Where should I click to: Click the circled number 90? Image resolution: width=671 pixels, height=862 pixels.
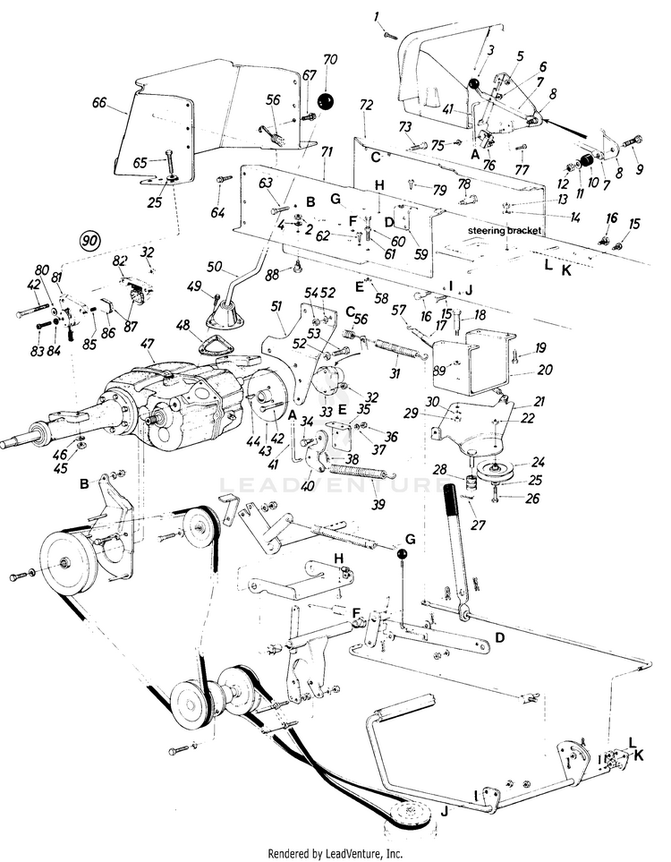(89, 241)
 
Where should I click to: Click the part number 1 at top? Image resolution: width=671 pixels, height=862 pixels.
(377, 15)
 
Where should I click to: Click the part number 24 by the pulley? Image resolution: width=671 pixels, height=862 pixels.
(538, 463)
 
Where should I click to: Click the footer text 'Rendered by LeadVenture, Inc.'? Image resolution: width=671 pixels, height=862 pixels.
(335, 853)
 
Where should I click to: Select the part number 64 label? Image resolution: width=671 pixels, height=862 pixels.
(218, 212)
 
